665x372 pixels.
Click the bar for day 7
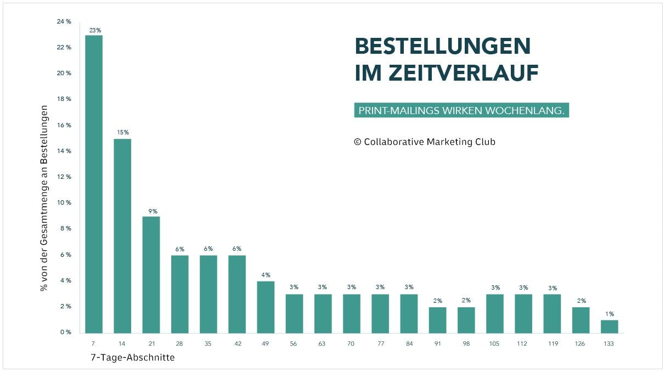click(94, 184)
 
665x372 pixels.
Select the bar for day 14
click(122, 236)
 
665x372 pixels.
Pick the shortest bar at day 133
click(609, 326)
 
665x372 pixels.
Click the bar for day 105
click(495, 313)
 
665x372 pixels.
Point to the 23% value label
click(95, 30)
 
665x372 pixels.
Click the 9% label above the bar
click(151, 211)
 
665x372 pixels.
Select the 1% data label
click(610, 314)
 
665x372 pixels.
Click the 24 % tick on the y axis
click(64, 21)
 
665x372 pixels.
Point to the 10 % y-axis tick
click(64, 203)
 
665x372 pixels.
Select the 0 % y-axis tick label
click(65, 332)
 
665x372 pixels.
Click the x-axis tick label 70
click(351, 344)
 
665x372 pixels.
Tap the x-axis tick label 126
click(581, 344)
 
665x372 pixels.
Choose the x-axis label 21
click(151, 344)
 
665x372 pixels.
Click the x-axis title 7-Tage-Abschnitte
click(132, 358)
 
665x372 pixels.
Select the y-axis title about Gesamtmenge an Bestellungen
click(44, 198)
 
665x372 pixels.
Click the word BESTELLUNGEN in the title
click(443, 47)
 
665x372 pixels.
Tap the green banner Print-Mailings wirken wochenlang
click(461, 110)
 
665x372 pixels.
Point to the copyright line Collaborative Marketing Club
click(424, 142)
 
